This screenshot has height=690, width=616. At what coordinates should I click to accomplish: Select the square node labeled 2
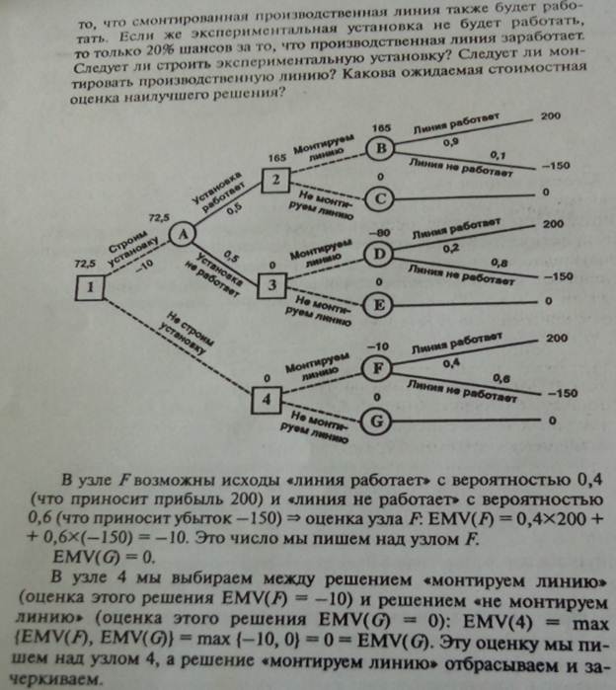[277, 179]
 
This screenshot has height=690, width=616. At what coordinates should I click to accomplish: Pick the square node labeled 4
[267, 399]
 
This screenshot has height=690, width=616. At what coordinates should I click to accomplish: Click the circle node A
[182, 234]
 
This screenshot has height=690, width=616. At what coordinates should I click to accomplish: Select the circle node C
[378, 198]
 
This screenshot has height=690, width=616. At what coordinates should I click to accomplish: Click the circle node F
[376, 367]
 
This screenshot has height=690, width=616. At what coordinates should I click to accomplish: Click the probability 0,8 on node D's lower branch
[502, 263]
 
